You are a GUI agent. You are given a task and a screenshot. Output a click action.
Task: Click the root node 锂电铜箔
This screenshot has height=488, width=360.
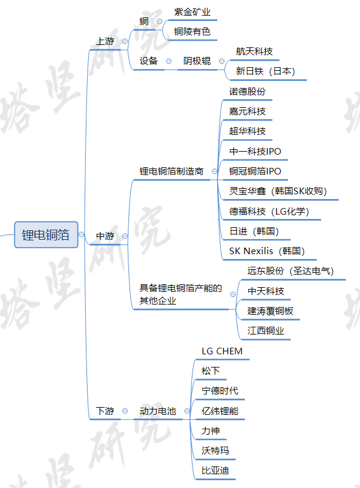coord(46,235)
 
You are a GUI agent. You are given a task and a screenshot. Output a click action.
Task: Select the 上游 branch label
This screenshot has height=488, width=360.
coord(105,41)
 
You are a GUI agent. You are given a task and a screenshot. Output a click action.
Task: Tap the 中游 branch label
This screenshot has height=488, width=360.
coord(105,236)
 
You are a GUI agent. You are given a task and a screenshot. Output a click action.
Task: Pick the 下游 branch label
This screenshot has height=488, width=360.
coord(105,411)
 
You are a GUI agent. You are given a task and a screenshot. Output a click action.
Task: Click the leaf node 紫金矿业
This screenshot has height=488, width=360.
coord(193,12)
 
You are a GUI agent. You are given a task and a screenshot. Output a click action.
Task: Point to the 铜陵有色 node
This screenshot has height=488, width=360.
coord(193,32)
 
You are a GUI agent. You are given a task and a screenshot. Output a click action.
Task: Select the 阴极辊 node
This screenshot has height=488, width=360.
coord(197,61)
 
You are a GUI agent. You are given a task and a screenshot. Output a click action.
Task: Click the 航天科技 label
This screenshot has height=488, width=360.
coord(254,52)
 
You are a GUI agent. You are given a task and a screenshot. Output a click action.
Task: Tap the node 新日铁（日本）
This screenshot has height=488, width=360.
coord(265,71)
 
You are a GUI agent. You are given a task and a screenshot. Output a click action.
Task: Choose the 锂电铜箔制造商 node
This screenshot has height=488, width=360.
coord(172,171)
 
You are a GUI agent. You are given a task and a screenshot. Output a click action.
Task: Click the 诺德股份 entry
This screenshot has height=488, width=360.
coord(247,92)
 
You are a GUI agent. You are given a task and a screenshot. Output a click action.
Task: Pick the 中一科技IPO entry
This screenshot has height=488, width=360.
coord(255,152)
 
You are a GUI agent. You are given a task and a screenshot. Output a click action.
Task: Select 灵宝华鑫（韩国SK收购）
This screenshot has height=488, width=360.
coord(278,191)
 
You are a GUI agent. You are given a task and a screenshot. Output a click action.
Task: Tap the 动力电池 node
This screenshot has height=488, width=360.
coord(158,411)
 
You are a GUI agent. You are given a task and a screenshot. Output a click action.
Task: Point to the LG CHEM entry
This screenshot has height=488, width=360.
coord(222,351)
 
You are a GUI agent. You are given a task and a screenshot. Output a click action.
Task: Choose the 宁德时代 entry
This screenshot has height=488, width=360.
coord(220,391)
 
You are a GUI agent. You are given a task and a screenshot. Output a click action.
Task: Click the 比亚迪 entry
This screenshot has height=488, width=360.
coord(215,471)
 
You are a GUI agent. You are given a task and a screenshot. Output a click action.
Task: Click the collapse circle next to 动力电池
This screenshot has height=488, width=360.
coord(125,411)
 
